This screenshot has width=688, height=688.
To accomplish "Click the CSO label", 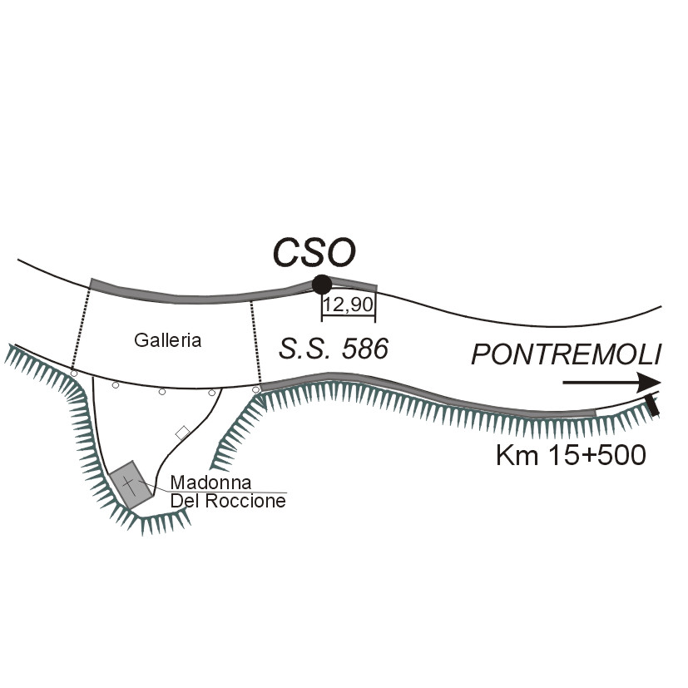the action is point(314,252).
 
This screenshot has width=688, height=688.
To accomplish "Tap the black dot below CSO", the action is point(322,285).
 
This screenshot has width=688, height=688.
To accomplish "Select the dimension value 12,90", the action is point(349,304).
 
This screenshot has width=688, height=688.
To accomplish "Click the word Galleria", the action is point(167,340).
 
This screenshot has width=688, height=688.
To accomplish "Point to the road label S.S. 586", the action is point(334,349).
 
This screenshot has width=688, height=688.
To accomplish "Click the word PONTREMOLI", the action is point(566,354).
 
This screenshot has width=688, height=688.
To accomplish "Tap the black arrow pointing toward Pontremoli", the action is point(611,383).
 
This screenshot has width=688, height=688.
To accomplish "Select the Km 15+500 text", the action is point(571,455).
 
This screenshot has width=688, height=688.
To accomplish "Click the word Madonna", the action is point(210,483).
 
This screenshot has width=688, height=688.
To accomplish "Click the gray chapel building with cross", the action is point(131,484).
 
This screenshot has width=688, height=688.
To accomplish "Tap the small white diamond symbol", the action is point(182,433).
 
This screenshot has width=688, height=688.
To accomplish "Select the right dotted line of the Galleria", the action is point(255,342).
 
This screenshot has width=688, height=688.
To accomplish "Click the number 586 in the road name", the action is point(365,349).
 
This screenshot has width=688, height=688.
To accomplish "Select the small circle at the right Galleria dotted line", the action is point(255,389).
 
